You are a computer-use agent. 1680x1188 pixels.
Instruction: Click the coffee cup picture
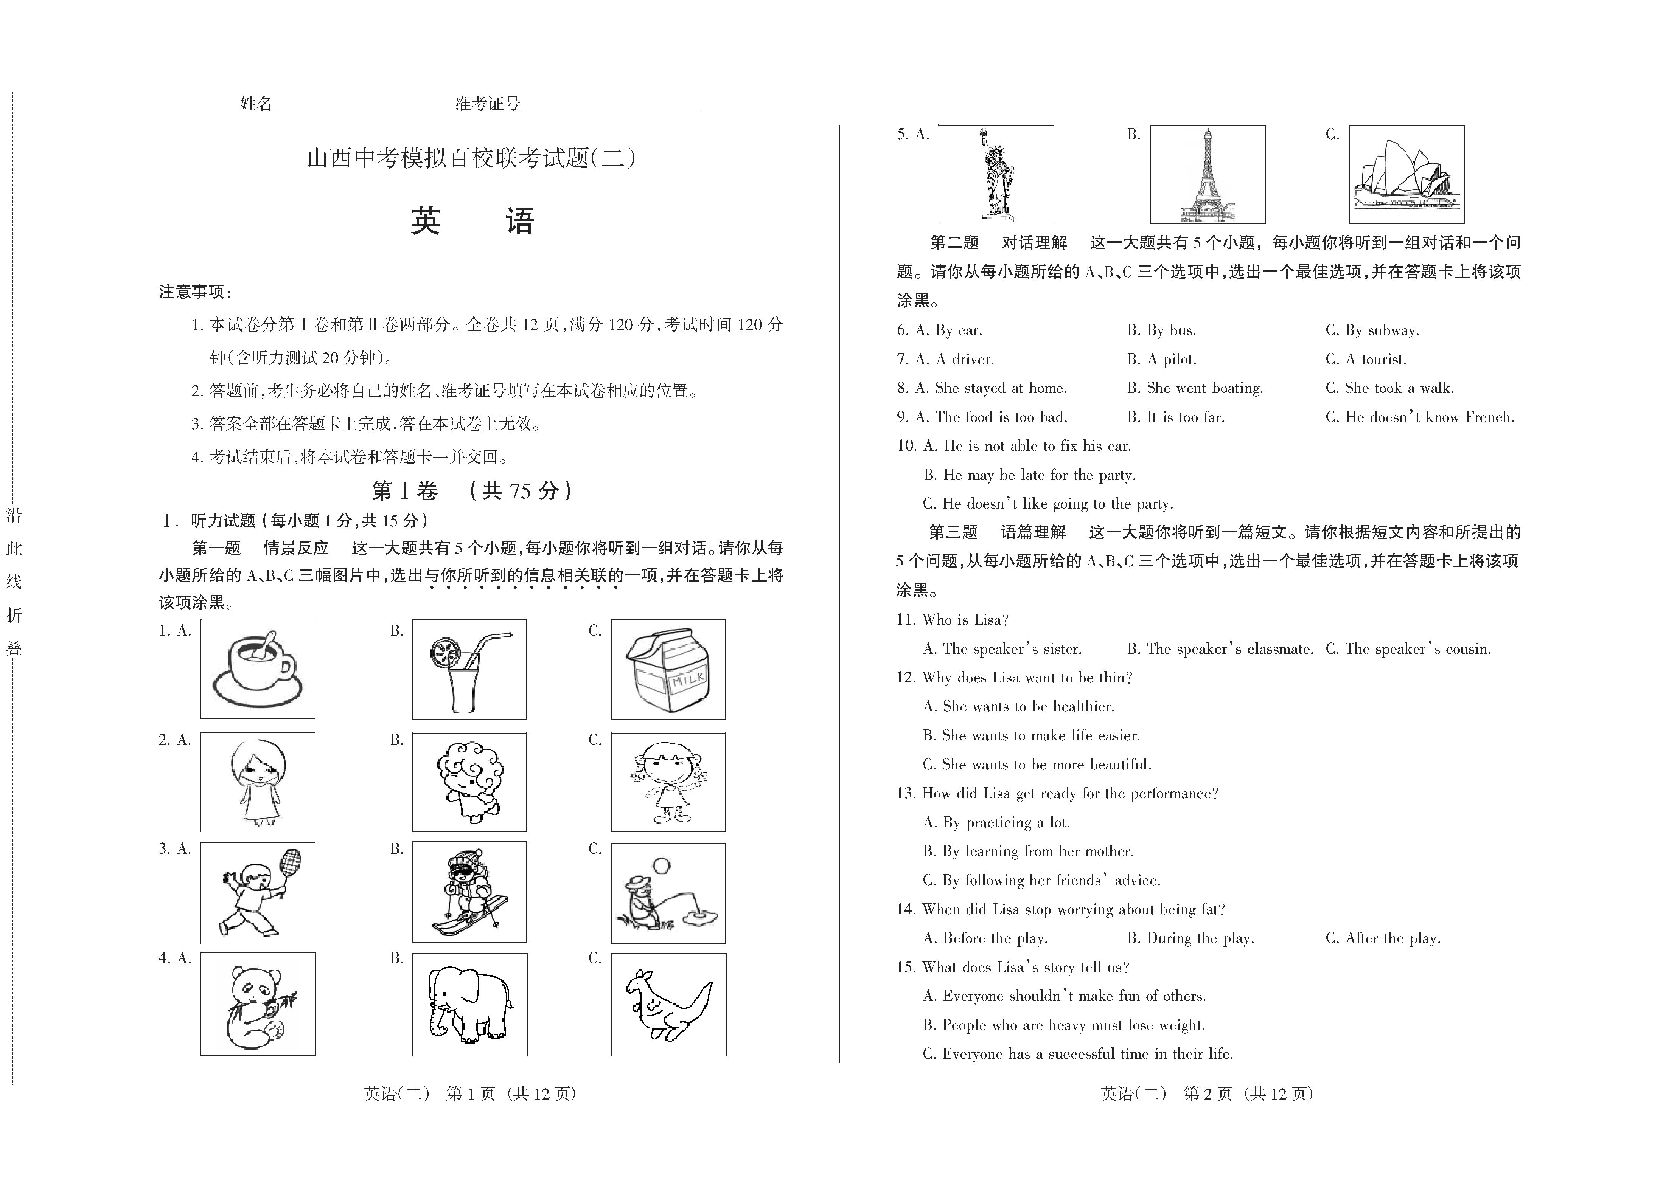pos(258,668)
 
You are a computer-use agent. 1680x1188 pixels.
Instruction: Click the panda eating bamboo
pos(258,1003)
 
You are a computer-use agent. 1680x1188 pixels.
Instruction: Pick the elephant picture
pos(469,1003)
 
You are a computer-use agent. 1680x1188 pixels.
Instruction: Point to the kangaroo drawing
pos(668,1003)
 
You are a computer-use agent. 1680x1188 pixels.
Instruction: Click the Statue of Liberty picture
pos(996,174)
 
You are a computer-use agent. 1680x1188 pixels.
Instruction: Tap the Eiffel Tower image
pos(1207,174)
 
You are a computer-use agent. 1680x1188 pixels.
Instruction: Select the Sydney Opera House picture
pos(1406,174)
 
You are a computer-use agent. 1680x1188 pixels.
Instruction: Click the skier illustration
pos(469,892)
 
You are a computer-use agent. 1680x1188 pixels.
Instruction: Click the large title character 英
pos(425,221)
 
